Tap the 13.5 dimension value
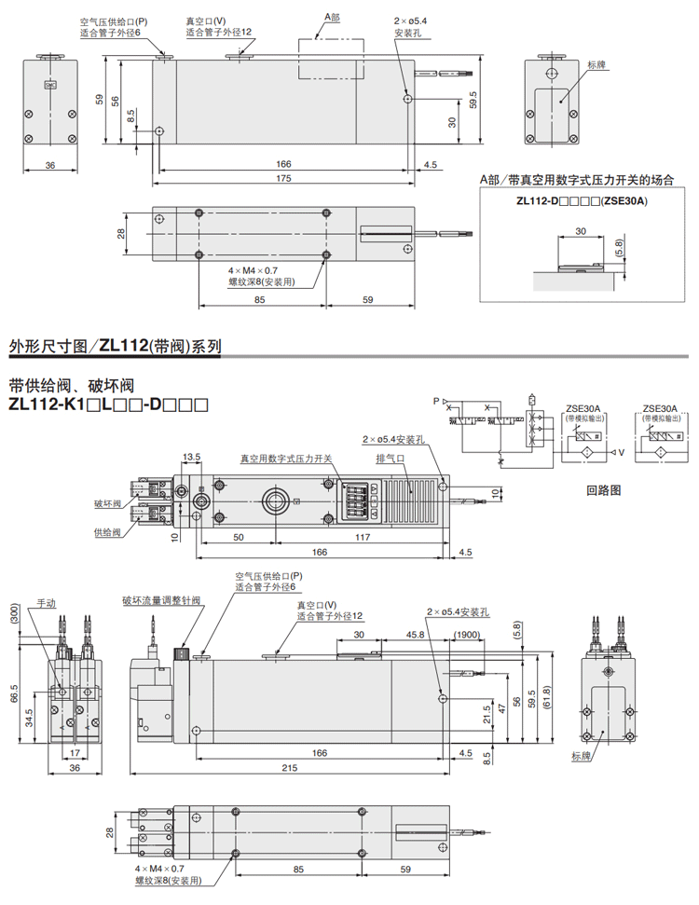(192, 457)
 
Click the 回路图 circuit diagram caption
(603, 489)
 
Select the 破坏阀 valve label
(108, 504)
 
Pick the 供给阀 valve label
(108, 532)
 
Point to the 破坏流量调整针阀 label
(161, 601)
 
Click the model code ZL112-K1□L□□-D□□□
(107, 405)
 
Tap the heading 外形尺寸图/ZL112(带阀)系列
(115, 347)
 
